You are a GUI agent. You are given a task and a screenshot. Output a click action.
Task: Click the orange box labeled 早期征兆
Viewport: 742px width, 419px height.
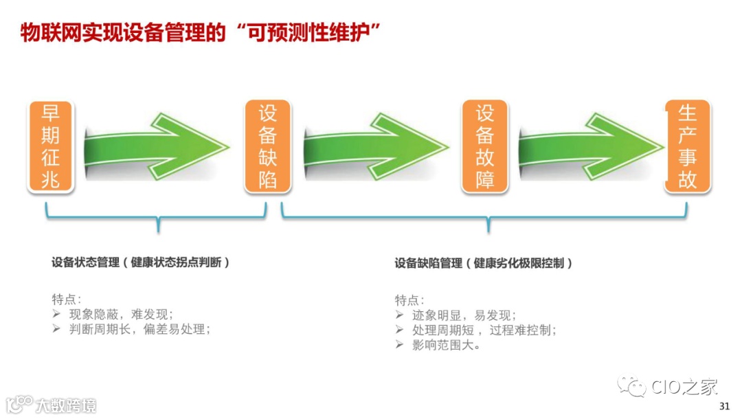coord(51,146)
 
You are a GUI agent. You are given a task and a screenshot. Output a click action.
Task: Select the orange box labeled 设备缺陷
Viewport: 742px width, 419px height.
coord(267,146)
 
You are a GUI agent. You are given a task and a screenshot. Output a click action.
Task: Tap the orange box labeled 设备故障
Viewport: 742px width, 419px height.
coord(485,146)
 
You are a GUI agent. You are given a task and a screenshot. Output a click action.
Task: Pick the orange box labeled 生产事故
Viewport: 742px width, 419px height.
coord(687,146)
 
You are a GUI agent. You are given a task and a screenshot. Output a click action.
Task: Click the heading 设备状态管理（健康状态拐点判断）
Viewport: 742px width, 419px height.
coord(141,262)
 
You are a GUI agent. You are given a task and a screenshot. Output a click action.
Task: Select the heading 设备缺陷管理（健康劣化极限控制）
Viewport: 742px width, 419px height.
coord(484,263)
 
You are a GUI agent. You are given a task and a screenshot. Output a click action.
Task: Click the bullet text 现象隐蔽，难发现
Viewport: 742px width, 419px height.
coord(121,315)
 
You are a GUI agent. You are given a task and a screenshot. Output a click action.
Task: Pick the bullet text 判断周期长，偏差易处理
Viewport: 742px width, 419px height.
coord(139,329)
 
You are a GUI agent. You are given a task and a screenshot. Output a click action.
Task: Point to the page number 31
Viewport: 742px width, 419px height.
coord(723,407)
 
